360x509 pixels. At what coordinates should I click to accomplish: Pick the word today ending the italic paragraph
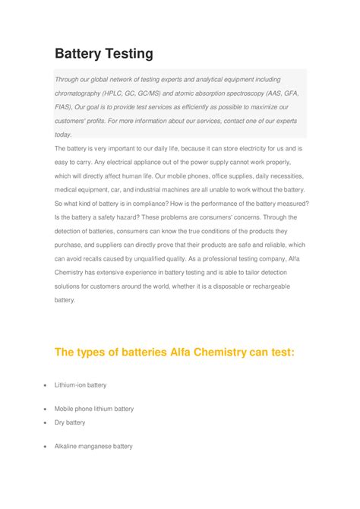[63, 134]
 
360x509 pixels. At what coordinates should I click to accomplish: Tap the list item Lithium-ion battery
[80, 385]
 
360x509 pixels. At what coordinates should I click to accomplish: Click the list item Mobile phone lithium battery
[93, 409]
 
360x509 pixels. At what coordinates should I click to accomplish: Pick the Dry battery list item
[69, 422]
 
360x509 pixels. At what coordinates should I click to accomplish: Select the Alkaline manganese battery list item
[93, 446]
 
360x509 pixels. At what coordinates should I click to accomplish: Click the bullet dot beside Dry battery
[46, 422]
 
